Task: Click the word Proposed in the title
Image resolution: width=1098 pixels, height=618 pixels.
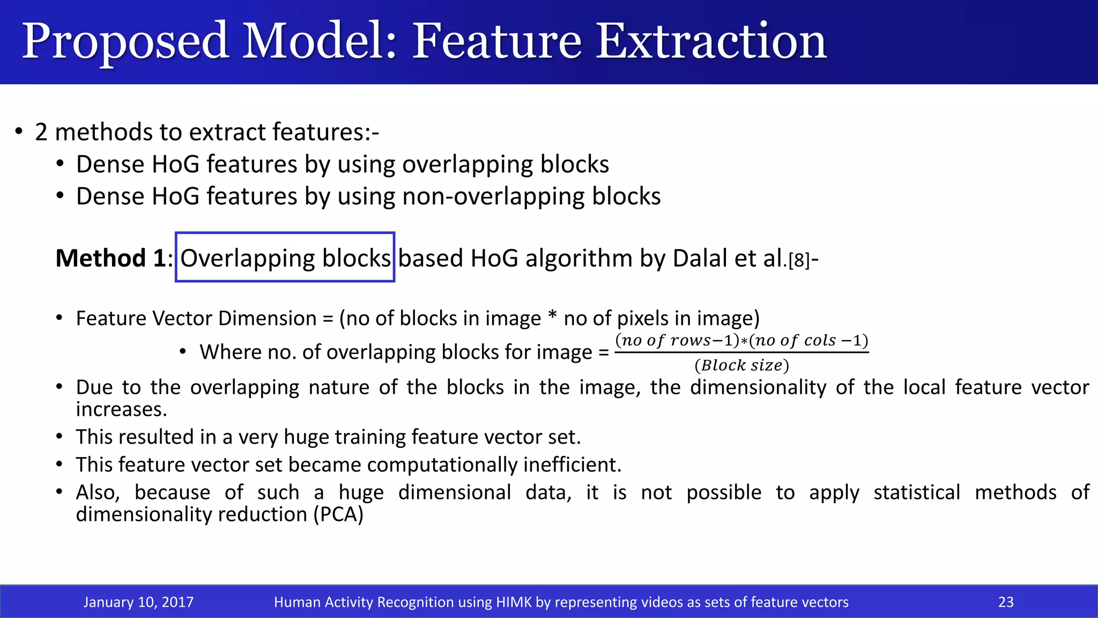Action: point(125,42)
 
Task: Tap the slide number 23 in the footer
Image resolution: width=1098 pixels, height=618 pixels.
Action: point(1005,602)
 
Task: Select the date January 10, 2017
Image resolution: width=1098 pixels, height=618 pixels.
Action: point(138,602)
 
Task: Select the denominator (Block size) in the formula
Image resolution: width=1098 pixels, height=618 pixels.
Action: point(741,365)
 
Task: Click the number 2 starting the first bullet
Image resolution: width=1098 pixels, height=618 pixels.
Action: point(41,133)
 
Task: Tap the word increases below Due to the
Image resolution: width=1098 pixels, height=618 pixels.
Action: point(121,409)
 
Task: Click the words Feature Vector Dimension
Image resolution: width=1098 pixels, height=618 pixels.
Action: point(196,319)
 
